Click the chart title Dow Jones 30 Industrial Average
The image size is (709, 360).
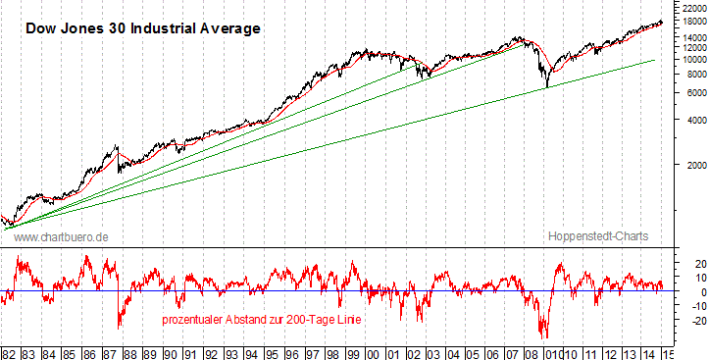(142, 28)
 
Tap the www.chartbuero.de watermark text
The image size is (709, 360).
(61, 237)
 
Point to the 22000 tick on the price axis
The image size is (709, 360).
(691, 8)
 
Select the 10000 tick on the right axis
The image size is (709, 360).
(691, 59)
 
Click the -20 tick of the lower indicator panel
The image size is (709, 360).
(689, 320)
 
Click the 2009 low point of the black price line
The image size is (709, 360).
(546, 86)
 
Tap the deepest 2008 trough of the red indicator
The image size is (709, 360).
(543, 336)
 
